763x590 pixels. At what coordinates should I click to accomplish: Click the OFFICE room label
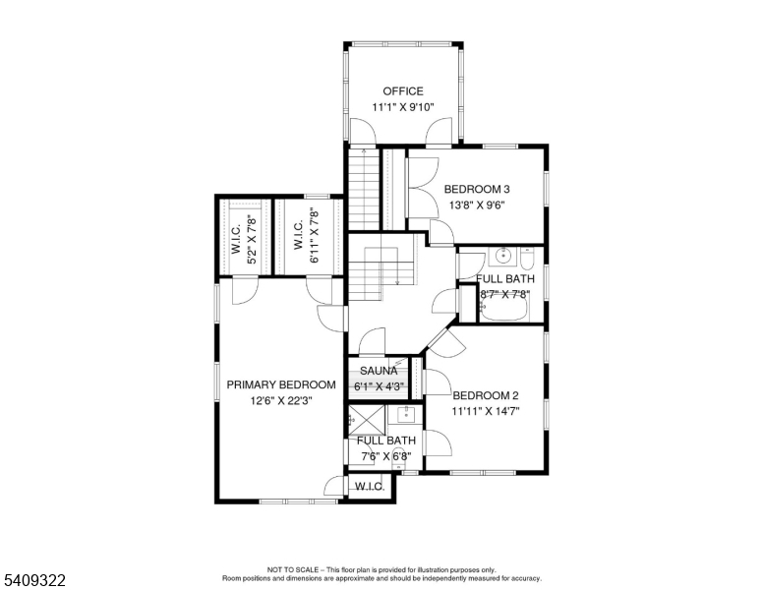pos(403,91)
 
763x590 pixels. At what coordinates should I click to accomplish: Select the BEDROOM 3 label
pos(477,189)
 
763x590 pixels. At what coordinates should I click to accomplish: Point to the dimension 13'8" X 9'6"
pos(477,206)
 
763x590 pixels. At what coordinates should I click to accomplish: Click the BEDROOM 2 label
pos(485,395)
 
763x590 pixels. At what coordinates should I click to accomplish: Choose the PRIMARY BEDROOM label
pos(281,384)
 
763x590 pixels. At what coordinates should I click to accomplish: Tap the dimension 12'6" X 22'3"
pos(281,400)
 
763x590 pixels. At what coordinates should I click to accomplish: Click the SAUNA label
pos(379,371)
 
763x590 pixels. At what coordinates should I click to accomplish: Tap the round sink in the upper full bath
pos(502,258)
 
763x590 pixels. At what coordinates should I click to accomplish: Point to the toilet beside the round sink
pos(527,260)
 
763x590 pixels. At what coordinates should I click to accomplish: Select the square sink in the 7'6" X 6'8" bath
pos(406,414)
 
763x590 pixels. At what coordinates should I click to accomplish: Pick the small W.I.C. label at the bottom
pos(369,487)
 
